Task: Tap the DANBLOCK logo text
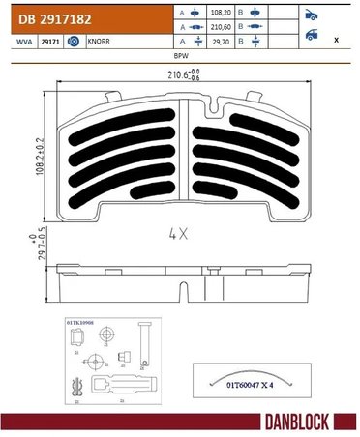[x=306, y=422]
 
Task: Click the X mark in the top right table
[x=335, y=41]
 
